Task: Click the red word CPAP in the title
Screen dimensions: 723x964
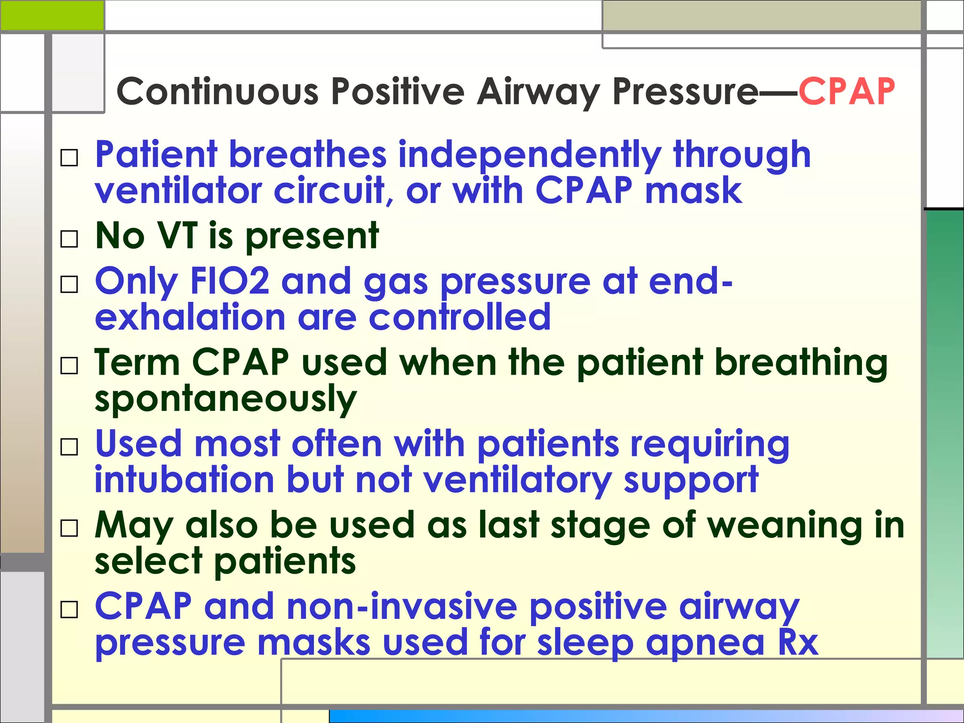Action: pos(846,91)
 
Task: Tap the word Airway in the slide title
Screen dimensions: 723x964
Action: pos(538,92)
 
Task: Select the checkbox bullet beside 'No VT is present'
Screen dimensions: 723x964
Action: pos(69,239)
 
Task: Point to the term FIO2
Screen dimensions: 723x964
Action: pos(229,281)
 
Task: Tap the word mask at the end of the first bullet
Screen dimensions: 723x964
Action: pos(693,191)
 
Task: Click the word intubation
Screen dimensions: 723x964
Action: pos(184,480)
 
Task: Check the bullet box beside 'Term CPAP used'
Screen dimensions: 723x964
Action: pos(69,366)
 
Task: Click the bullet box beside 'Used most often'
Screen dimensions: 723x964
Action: pos(69,447)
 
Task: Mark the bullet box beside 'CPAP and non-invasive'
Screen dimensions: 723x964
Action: pos(69,610)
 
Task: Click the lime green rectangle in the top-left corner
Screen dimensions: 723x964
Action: pos(52,15)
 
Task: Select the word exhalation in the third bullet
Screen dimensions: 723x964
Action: pos(190,317)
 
